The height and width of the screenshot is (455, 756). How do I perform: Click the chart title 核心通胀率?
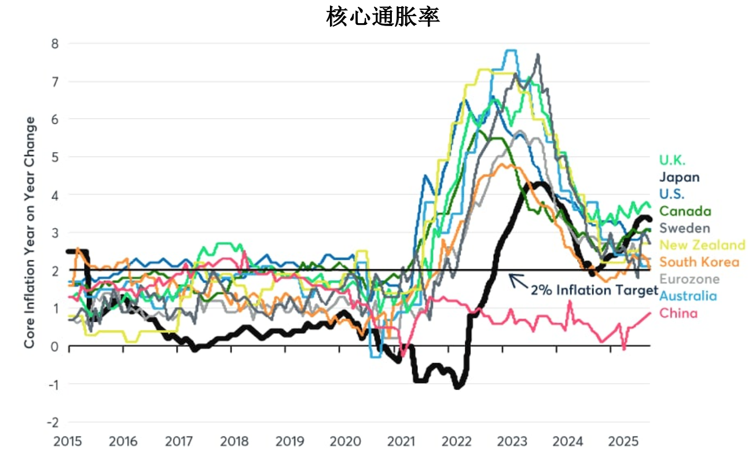[x=383, y=16]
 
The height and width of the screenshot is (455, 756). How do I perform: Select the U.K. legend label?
[x=673, y=160]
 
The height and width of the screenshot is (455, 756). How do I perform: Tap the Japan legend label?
[x=680, y=177]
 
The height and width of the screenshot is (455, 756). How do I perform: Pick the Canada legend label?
[x=685, y=211]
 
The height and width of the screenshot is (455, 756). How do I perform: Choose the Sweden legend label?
[x=685, y=228]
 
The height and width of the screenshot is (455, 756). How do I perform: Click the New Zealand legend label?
[x=702, y=245]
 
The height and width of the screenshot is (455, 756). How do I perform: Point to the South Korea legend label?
[x=699, y=262]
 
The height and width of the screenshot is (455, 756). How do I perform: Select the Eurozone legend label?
[x=689, y=279]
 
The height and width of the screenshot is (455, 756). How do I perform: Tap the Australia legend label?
[x=688, y=296]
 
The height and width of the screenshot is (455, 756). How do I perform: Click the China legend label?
[x=678, y=313]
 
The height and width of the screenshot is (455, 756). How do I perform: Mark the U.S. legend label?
[x=672, y=194]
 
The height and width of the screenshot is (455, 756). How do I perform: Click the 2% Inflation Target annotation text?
[x=594, y=289]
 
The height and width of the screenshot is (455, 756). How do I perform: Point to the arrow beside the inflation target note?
[x=518, y=281]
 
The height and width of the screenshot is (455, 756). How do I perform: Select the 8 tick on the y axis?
[x=56, y=43]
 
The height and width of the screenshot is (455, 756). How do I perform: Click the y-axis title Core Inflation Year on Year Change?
[x=30, y=233]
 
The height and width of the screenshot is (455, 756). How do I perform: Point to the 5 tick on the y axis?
[x=56, y=157]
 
